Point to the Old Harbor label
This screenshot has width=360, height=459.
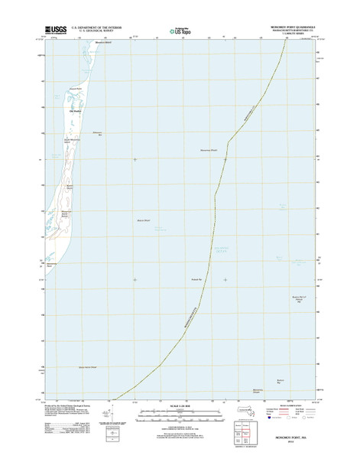(75, 109)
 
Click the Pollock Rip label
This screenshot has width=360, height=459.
(195, 280)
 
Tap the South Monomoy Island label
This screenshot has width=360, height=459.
(71, 142)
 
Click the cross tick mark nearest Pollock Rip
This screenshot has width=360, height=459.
(225, 280)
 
